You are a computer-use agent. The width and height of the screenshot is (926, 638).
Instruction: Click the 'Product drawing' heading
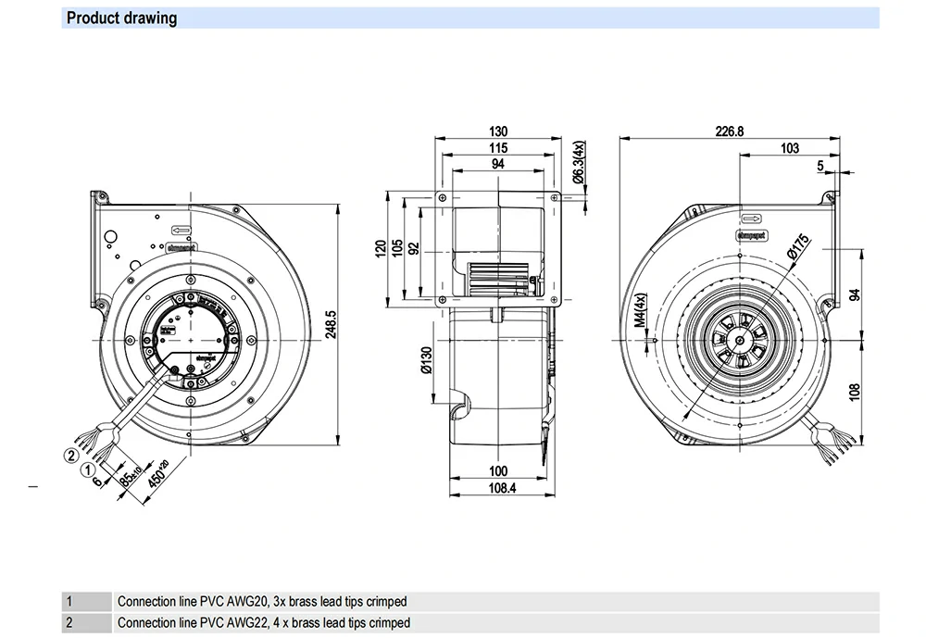(121, 18)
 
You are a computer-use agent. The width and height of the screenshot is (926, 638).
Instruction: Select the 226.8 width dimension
(729, 131)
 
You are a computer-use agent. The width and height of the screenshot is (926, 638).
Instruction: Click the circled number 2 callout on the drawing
(69, 454)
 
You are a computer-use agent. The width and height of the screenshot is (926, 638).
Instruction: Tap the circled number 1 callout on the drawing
(88, 469)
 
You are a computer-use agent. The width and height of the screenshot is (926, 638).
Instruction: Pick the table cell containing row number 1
(87, 602)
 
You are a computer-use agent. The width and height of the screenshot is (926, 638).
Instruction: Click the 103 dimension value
(789, 148)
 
